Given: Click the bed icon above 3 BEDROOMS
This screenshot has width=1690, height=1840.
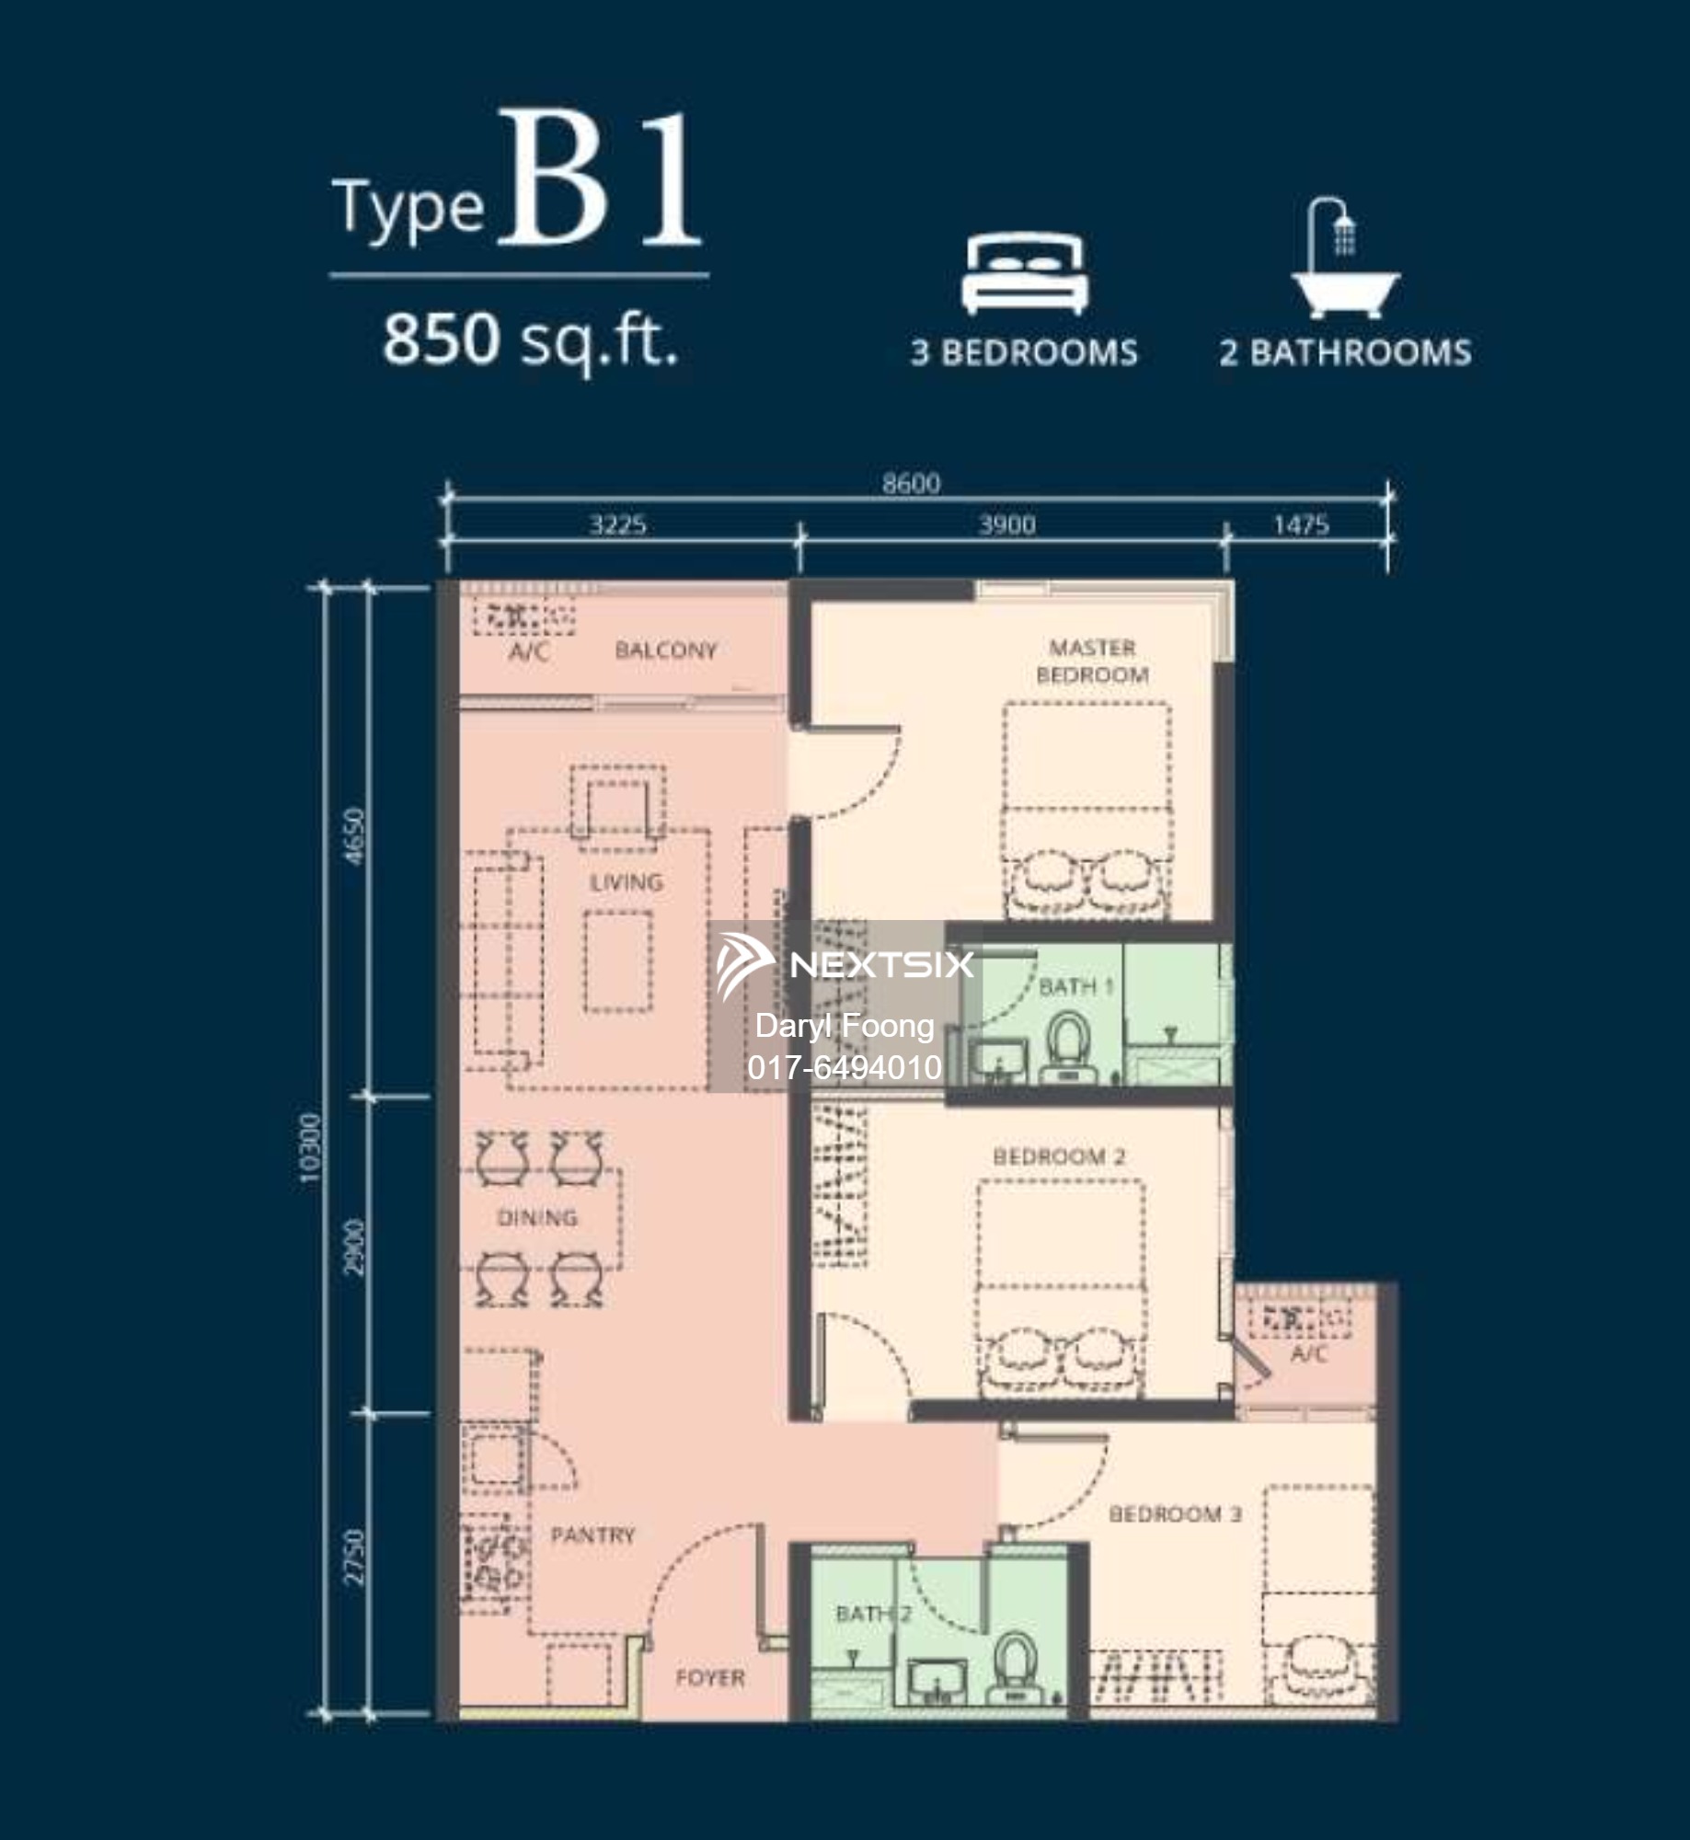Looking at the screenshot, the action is coord(1025,274).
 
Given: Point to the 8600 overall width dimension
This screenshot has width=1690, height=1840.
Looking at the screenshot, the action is coord(911,483).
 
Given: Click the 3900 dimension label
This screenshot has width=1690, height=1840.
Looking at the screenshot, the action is coord(1006,525).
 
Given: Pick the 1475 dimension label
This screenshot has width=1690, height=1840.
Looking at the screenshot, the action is coord(1301,525).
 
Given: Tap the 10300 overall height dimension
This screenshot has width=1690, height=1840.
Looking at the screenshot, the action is coord(311,1148).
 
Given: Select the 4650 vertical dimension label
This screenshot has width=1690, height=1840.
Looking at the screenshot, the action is coord(355,835).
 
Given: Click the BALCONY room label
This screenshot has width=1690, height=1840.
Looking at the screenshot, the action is coord(665,650).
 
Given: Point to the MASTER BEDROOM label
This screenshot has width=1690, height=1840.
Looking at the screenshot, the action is coord(1092,661).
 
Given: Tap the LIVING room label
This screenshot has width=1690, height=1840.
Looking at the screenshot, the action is coord(626,882).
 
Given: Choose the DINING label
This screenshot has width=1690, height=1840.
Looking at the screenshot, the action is coord(537,1217).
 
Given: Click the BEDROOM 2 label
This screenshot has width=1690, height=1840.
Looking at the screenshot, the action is coord(1059,1156).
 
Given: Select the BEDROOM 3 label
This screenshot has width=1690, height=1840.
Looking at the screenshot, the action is coord(1175,1513).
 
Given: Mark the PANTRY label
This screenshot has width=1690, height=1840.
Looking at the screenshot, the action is coord(592,1535).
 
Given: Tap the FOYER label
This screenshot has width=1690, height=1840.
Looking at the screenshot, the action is coord(709,1678).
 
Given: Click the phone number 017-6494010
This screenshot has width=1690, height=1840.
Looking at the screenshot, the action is coord(844,1067).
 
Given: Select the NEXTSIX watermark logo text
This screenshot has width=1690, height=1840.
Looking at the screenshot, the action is coord(881,964).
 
